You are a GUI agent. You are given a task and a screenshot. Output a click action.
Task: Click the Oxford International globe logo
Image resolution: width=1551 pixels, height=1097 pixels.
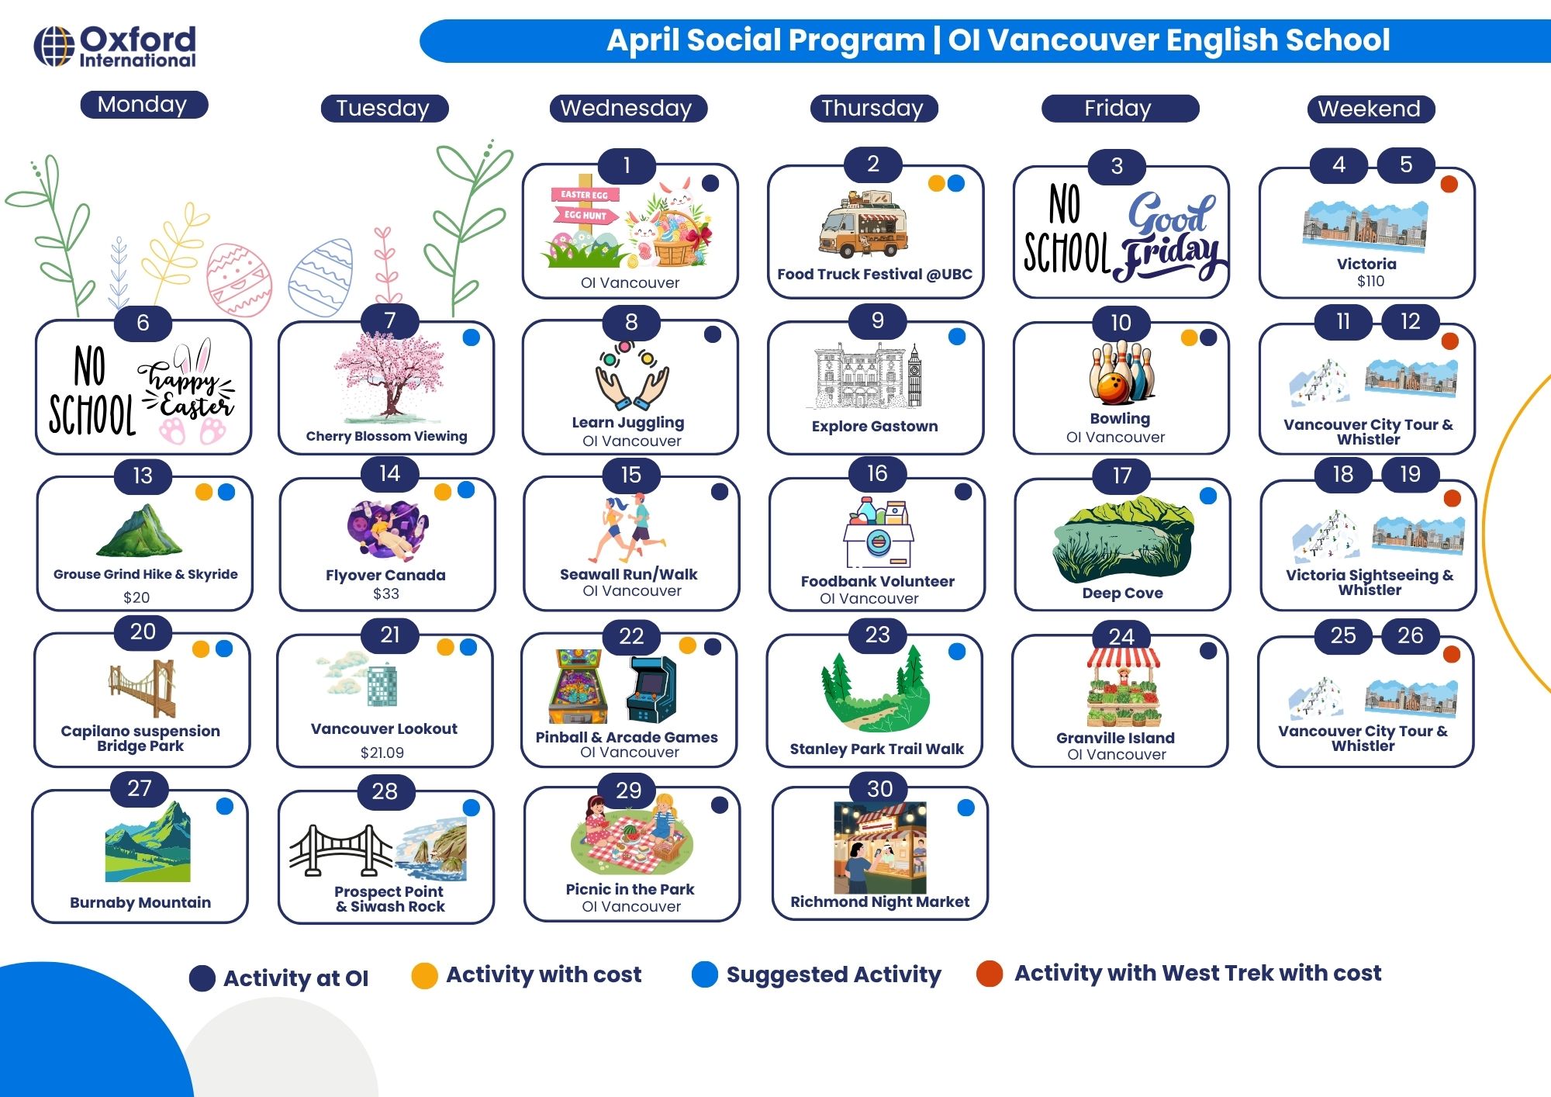pos(54,47)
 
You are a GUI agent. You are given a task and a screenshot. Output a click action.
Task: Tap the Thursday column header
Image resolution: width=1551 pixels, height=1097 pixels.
pos(872,109)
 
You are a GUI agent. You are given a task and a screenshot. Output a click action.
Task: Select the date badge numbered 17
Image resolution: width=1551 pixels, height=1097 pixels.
pos(1121,476)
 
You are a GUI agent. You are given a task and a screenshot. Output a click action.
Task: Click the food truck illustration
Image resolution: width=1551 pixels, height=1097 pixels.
pos(862,226)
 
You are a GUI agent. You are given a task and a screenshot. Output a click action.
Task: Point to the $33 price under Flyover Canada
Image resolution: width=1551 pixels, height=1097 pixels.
pos(385,594)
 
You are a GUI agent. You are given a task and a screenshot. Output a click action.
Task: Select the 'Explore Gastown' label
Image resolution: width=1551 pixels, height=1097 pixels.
pos(875,426)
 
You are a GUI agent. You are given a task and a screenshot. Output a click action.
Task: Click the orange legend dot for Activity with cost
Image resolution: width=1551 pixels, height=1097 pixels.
pos(424,975)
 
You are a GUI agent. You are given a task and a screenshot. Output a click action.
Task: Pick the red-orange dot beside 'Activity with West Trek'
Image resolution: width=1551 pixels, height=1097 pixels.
pos(990,974)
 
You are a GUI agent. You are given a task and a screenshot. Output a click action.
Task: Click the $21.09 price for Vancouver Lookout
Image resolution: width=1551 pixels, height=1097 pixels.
pos(382,753)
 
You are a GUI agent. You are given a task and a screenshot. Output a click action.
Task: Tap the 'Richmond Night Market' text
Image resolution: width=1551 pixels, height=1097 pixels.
pos(879,901)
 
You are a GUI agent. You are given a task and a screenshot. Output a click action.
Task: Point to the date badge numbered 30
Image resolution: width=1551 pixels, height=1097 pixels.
pos(879,789)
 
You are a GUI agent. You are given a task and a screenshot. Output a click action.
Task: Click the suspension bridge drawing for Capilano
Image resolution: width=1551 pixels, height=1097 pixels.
pos(143,688)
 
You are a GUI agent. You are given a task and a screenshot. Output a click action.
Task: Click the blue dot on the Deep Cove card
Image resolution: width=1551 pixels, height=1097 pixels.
pos(1207,497)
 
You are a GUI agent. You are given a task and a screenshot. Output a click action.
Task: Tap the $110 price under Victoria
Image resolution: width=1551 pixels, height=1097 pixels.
pos(1370,282)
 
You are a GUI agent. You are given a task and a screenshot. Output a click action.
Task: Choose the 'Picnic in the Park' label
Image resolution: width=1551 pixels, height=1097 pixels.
pos(630,889)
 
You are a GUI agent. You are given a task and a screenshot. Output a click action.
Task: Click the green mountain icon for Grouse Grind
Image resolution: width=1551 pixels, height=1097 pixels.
pos(140,531)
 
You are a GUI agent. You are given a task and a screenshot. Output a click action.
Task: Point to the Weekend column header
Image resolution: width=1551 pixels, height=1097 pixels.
pos(1370,109)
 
